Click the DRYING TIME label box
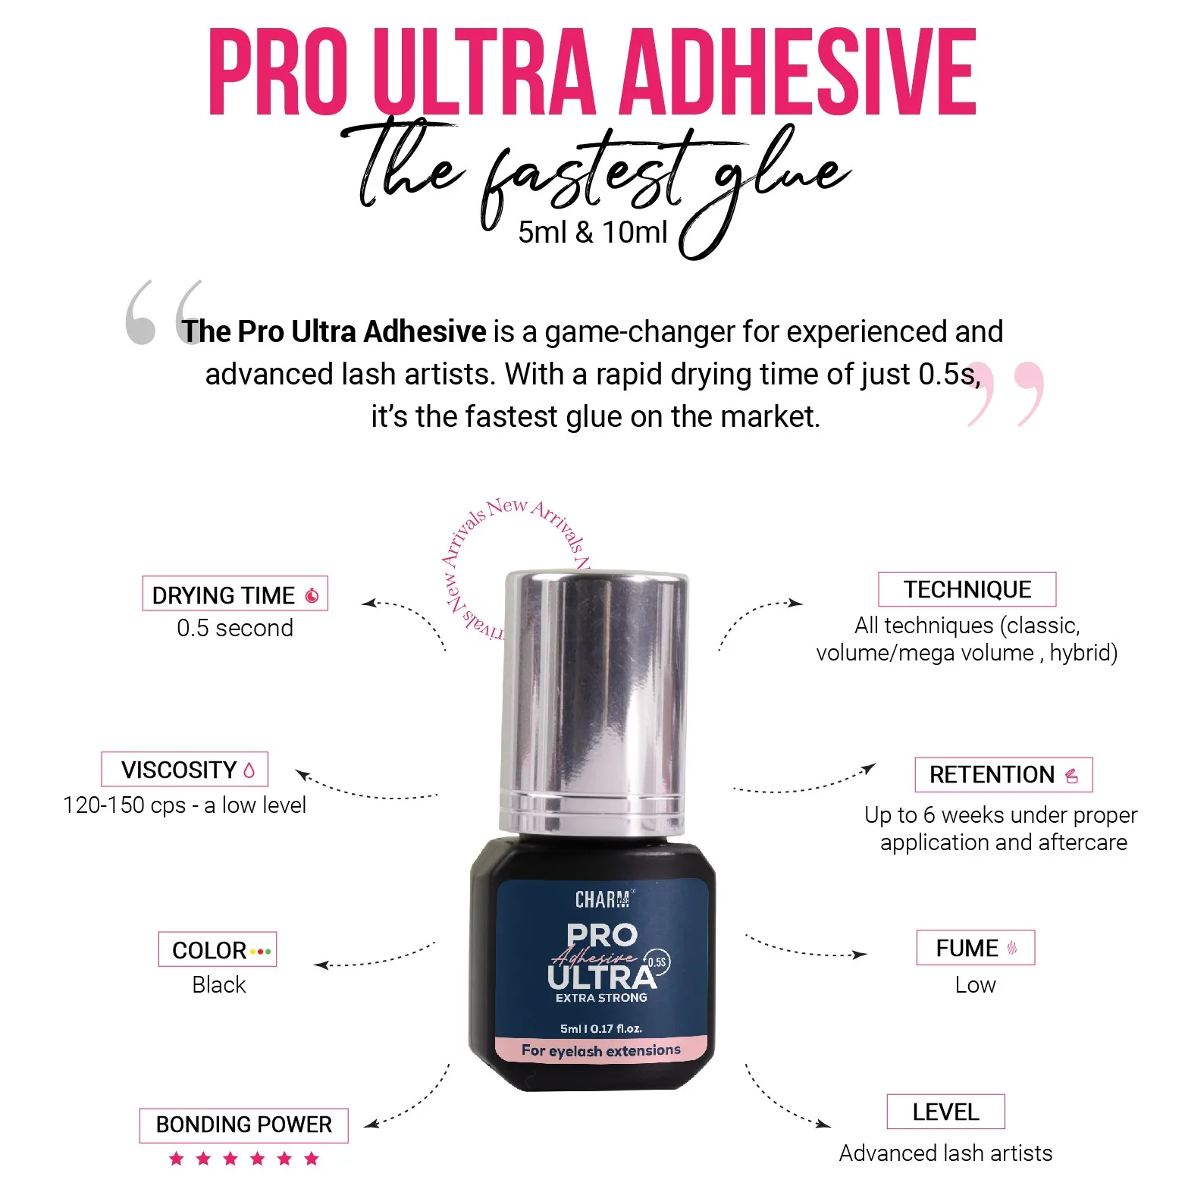(234, 594)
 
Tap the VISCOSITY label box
(184, 769)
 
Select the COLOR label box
(217, 949)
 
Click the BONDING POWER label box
(243, 1125)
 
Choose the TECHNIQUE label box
(967, 589)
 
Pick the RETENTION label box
(1003, 774)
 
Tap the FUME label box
(975, 948)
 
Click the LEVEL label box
(945, 1112)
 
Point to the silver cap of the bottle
(596, 698)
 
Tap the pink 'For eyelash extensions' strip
(600, 1050)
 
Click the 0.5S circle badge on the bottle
(657, 962)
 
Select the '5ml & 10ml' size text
(592, 232)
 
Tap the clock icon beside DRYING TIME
(312, 595)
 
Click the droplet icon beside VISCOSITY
(249, 770)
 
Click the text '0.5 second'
(234, 628)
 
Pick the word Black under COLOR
(218, 984)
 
